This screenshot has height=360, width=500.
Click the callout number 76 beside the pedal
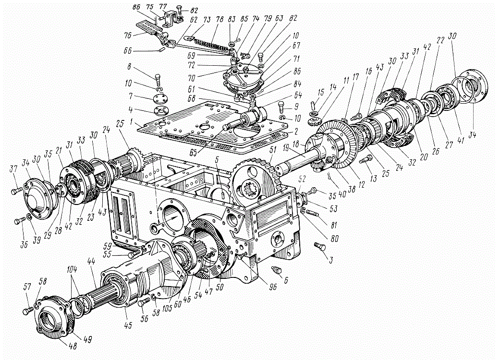pos(128,35)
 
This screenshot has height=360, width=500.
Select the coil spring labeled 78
pos(212,44)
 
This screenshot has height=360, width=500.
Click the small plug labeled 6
pos(277,270)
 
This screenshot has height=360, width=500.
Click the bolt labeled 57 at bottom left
pos(28,311)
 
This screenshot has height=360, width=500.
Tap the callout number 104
pos(72,270)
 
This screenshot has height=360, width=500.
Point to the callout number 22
pos(440,41)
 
